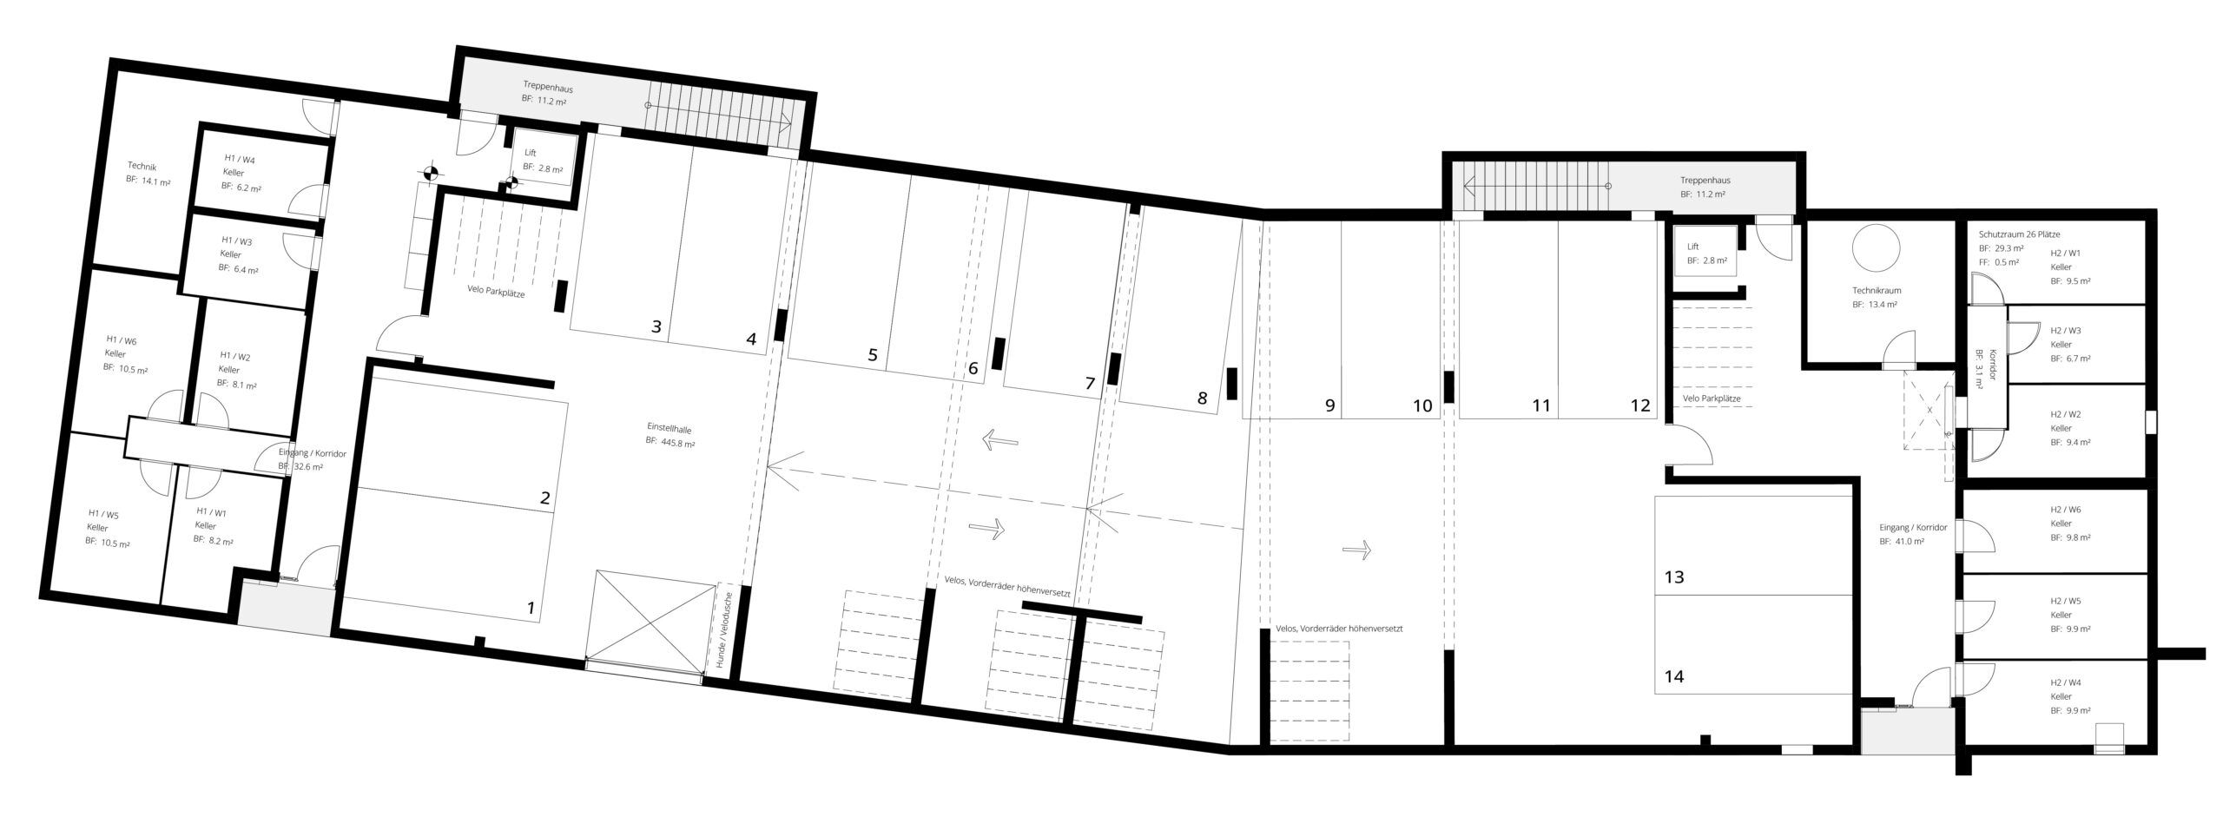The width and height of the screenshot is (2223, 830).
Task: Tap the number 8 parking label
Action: pyautogui.click(x=1202, y=399)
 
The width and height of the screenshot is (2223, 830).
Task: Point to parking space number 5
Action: pyautogui.click(x=873, y=354)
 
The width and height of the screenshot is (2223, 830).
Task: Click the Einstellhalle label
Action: pyautogui.click(x=669, y=428)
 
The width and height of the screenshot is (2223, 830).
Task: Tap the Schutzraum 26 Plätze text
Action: pyautogui.click(x=2019, y=234)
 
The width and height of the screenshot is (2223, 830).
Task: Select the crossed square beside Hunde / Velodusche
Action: pyautogui.click(x=647, y=621)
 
